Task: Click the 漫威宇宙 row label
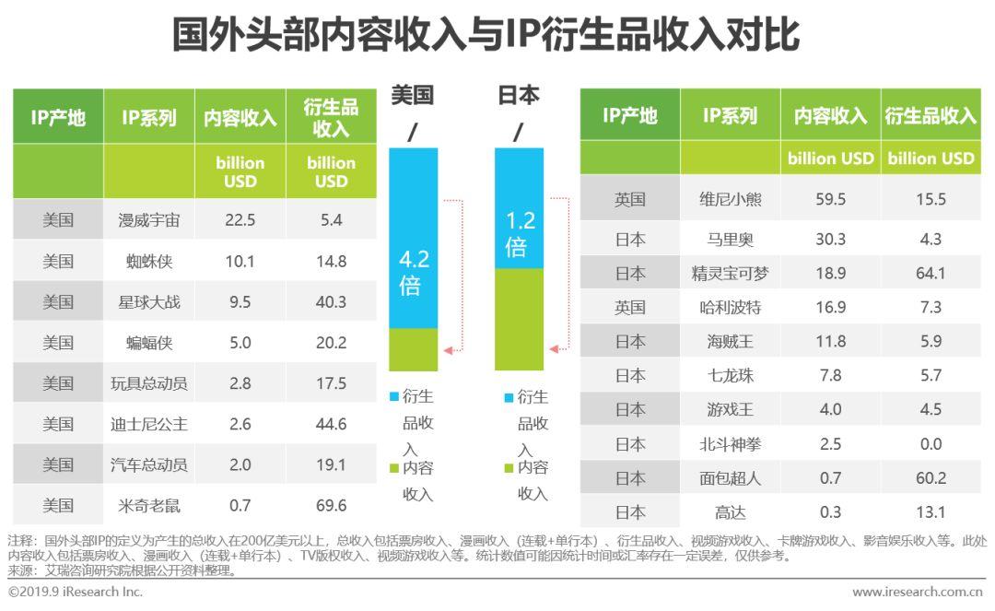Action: (x=149, y=220)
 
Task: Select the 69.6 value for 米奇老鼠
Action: (x=331, y=505)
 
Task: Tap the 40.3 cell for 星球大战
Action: (x=331, y=302)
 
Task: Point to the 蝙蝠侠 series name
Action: (x=149, y=343)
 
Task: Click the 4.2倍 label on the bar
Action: (x=414, y=273)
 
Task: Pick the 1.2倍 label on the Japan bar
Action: (x=520, y=234)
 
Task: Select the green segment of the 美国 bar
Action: (x=414, y=349)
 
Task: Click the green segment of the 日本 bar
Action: (x=520, y=319)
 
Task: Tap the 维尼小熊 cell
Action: (x=730, y=199)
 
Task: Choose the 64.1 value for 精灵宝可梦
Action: (x=931, y=273)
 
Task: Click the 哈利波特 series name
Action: (x=730, y=307)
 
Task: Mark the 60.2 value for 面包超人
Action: (x=931, y=478)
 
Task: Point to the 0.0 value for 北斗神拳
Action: (x=931, y=444)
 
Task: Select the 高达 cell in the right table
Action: (x=730, y=512)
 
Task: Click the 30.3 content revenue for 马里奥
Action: (x=830, y=239)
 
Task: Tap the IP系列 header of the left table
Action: (x=149, y=117)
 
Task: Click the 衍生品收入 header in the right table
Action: (x=931, y=115)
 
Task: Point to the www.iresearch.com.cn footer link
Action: (x=917, y=592)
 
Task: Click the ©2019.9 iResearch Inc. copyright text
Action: (x=76, y=592)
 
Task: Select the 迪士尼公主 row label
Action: (x=149, y=424)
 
